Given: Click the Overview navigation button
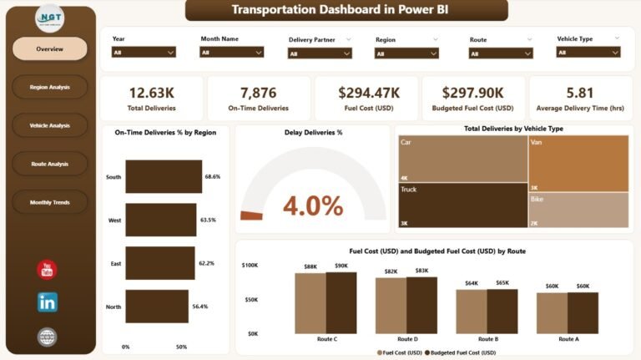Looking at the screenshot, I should pyautogui.click(x=49, y=49).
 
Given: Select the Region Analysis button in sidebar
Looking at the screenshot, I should pyautogui.click(x=49, y=87).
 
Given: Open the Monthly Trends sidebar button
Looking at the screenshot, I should pyautogui.click(x=49, y=202).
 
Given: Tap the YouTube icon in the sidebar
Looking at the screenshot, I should pyautogui.click(x=48, y=270).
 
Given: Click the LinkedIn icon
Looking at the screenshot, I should pyautogui.click(x=48, y=302).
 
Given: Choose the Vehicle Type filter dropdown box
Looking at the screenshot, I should pyautogui.click(x=588, y=52).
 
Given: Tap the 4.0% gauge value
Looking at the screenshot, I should pyautogui.click(x=313, y=205).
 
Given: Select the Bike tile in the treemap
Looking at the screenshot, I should pyautogui.click(x=578, y=210).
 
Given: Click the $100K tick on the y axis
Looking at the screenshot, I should pyautogui.click(x=250, y=265).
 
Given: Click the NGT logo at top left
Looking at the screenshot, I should pyautogui.click(x=49, y=18).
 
